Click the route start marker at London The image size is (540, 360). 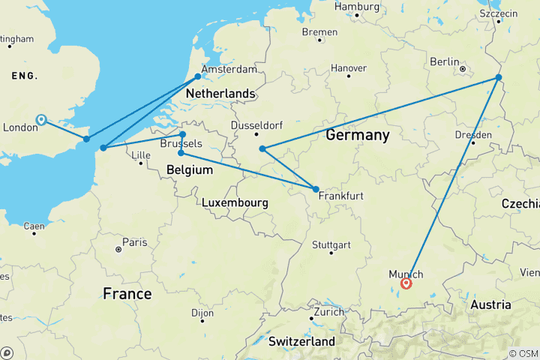(41, 119)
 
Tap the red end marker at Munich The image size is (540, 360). (406, 283)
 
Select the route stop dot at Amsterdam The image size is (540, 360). (198, 76)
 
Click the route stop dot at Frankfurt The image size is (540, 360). (316, 189)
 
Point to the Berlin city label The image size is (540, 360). (444, 61)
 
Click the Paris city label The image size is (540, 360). (134, 242)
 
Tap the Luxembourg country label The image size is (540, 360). (235, 202)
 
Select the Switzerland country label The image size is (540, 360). (302, 341)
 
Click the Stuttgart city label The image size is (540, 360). (331, 245)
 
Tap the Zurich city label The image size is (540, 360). (329, 311)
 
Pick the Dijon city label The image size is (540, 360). (202, 312)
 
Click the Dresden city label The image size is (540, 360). (473, 135)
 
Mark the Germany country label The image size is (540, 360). (358, 136)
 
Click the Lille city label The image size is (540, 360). (141, 156)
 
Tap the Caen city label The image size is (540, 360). (34, 225)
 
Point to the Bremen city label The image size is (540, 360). (320, 32)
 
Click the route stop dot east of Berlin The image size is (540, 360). (499, 77)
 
